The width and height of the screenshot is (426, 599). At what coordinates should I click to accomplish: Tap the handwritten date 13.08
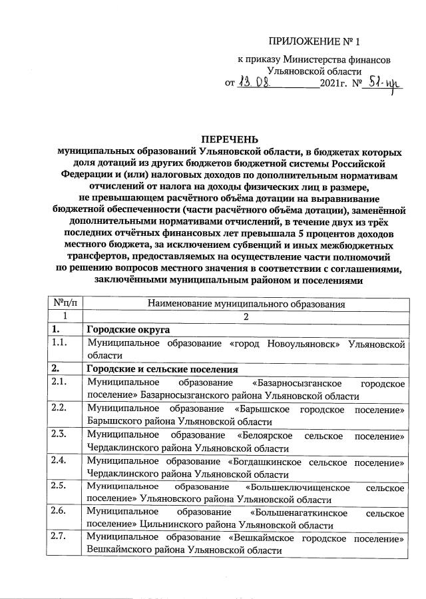[x=256, y=83]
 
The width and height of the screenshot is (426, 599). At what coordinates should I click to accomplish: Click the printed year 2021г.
[x=335, y=84]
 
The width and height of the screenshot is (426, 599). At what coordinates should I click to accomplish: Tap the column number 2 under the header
[x=246, y=316]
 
